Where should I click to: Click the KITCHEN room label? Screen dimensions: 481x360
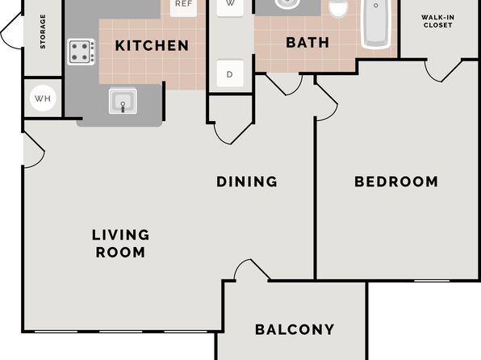tap(152, 46)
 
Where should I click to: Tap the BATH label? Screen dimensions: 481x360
tap(307, 43)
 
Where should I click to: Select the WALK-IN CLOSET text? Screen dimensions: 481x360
tap(437, 21)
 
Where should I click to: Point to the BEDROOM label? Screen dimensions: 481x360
tap(396, 182)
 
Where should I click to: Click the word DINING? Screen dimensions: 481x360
tap(247, 182)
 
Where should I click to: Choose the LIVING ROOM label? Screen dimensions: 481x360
tap(120, 244)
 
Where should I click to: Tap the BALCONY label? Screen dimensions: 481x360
tap(295, 329)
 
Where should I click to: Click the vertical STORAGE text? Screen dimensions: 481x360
tap(43, 31)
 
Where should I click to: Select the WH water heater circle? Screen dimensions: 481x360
tap(43, 98)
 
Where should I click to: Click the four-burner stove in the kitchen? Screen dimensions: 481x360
tap(82, 52)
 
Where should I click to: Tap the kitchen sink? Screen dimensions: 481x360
tap(123, 101)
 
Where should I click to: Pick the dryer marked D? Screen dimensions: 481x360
tap(230, 73)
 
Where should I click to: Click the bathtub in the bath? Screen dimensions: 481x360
tap(376, 23)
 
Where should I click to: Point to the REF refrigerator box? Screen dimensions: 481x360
tap(183, 6)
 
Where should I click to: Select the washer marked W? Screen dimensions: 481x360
tap(230, 6)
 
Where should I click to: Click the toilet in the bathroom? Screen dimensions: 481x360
tap(338, 8)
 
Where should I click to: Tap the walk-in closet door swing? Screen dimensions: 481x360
tap(443, 70)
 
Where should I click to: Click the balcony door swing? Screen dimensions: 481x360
tap(252, 270)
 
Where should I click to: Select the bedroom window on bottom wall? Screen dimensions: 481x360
tap(432, 281)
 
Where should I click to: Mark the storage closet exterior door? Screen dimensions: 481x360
tap(11, 31)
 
